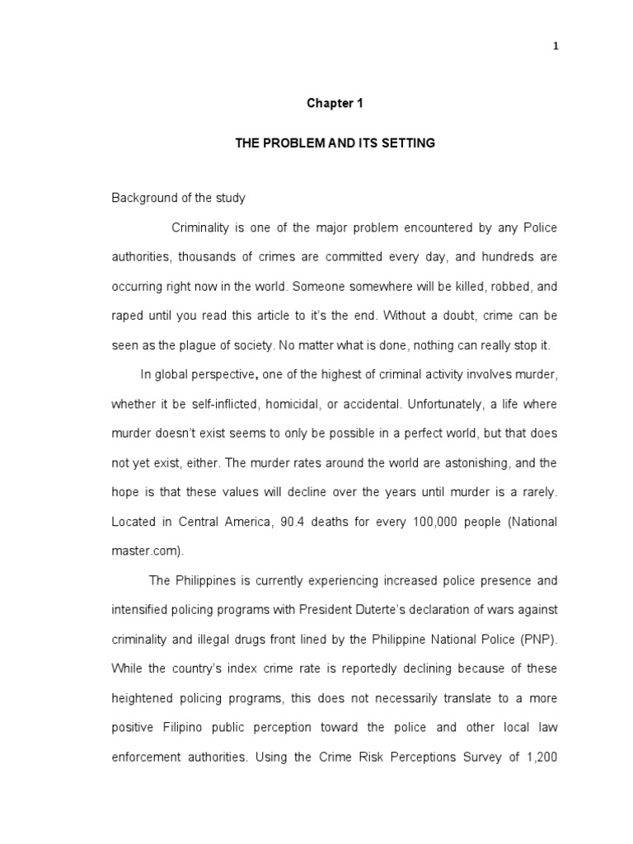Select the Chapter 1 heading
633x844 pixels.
[335, 104]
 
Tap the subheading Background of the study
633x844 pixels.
[179, 199]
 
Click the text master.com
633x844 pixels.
[143, 551]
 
